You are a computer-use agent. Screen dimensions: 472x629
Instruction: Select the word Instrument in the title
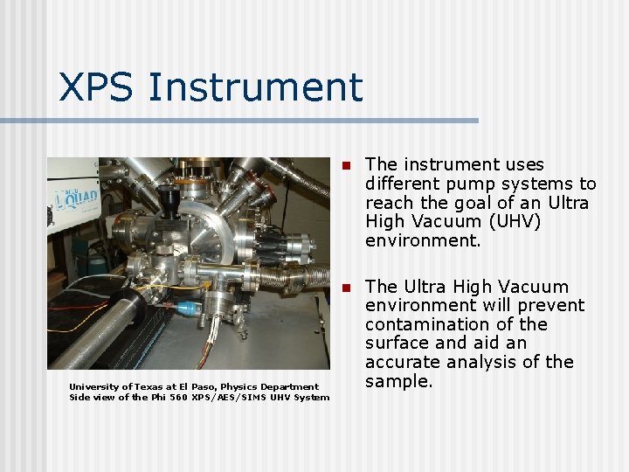point(256,87)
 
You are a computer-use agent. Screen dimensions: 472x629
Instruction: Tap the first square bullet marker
point(346,165)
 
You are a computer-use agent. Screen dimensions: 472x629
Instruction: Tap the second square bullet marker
point(346,288)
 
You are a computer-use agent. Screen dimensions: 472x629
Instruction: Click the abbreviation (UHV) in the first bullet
point(512,222)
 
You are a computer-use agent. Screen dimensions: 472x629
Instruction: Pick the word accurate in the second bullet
point(404,362)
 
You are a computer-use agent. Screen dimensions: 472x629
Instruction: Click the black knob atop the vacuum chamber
point(175,209)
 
